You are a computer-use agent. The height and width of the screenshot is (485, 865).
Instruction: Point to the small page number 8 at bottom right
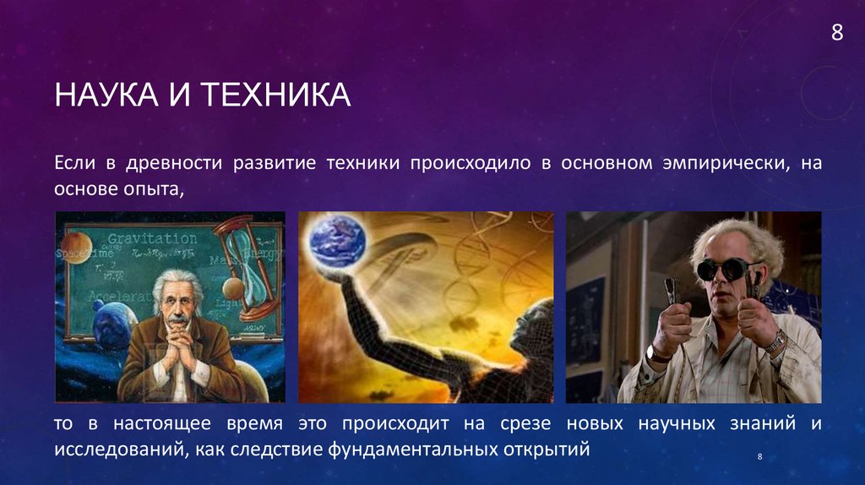coord(760,457)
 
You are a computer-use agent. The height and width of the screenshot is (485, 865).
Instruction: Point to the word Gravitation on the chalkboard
coord(152,238)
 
